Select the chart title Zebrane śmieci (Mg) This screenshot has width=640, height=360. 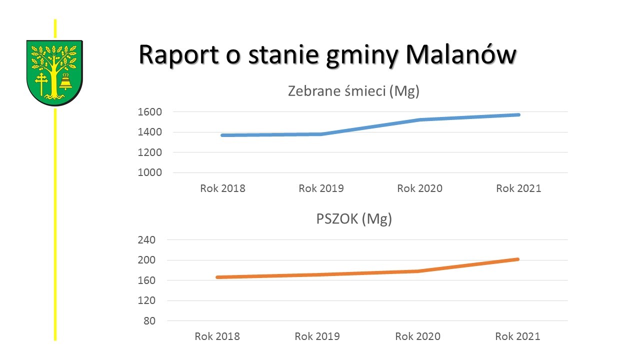click(353, 91)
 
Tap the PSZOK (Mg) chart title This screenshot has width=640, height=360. click(354, 219)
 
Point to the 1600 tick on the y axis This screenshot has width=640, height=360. click(149, 112)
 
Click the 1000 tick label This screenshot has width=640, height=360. click(149, 172)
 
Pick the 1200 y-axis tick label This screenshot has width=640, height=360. click(149, 152)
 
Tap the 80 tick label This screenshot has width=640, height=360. click(149, 321)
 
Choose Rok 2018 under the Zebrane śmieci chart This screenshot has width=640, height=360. click(222, 188)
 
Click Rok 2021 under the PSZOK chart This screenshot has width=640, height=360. click(517, 336)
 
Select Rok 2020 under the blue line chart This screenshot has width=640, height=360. click(419, 188)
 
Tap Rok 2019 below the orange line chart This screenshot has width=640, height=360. click(317, 336)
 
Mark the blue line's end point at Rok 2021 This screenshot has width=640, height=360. click(518, 115)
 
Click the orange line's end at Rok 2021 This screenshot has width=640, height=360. click(517, 259)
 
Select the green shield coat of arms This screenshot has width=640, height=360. click(54, 73)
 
